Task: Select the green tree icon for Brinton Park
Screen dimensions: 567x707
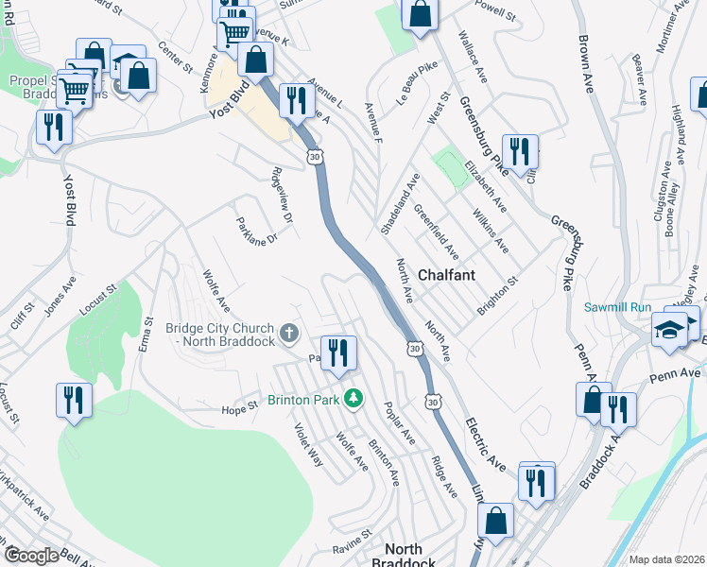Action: pos(353,399)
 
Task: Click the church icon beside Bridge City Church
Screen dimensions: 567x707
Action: pos(289,334)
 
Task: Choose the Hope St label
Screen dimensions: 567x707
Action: pos(239,407)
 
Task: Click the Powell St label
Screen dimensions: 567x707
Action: pos(495,16)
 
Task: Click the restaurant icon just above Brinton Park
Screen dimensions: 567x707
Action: pos(338,353)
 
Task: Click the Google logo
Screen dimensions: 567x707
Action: pos(31,557)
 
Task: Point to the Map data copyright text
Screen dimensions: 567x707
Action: pos(666,559)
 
